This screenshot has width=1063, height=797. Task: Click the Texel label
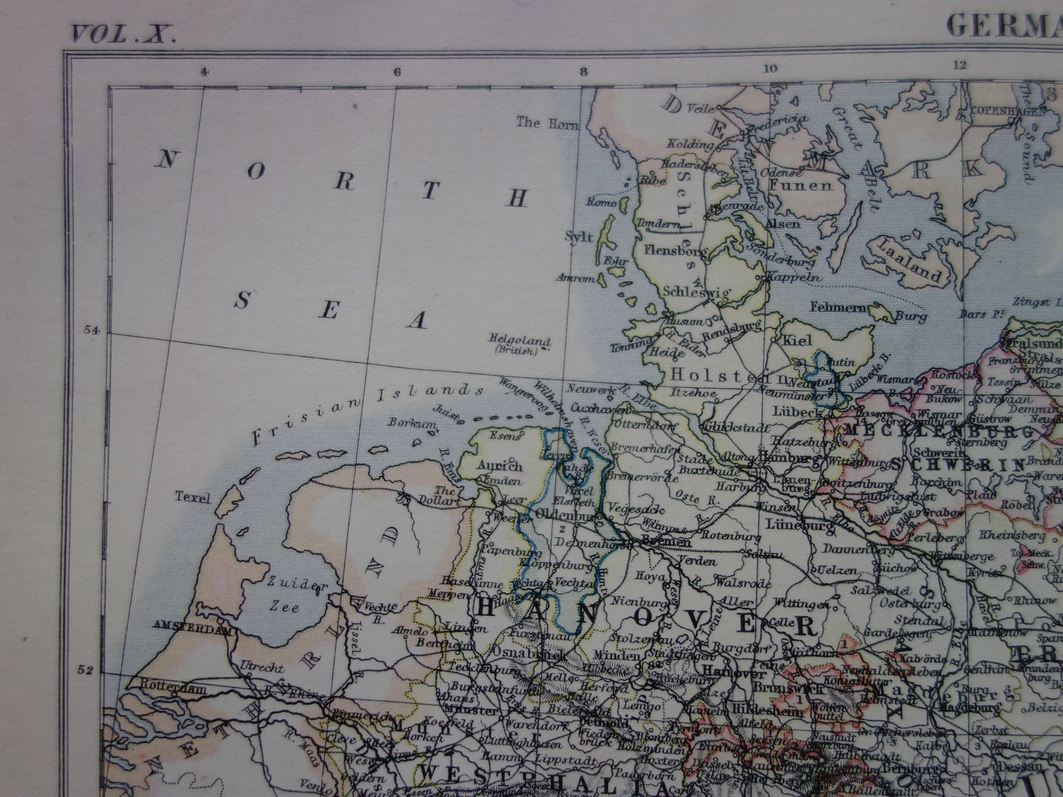[x=193, y=497]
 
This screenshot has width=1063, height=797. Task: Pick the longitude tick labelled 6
[x=397, y=72]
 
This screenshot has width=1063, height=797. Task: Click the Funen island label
[x=800, y=185]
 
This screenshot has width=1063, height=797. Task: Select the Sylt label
[x=579, y=236]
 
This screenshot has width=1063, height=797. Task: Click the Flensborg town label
[x=674, y=250]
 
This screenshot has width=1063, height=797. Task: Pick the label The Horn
[x=538, y=122]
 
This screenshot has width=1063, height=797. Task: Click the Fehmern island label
[x=838, y=307]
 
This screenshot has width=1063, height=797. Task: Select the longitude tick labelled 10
[x=770, y=68]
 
